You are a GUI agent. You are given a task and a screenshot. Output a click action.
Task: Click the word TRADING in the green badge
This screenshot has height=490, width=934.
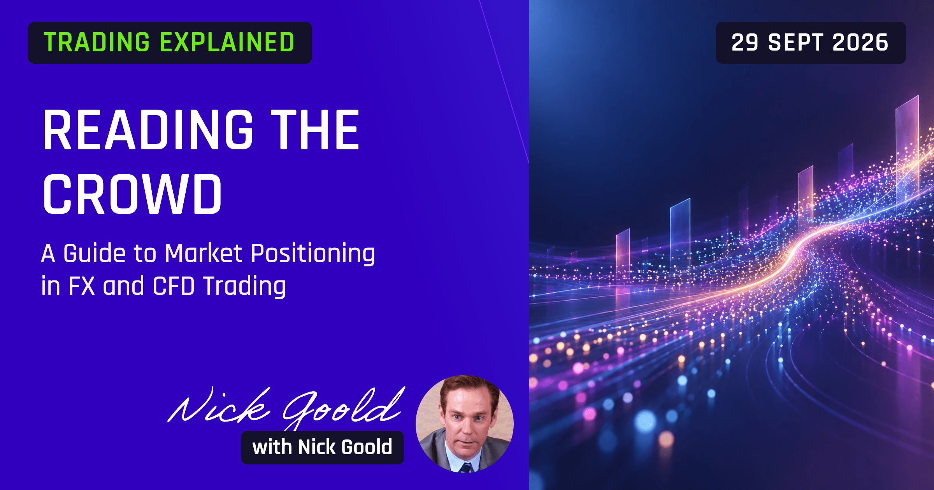point(97,42)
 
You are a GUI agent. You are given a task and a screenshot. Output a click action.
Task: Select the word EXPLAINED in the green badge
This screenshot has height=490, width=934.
point(227,42)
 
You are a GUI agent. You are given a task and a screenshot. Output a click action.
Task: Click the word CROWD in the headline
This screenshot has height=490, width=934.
point(132,194)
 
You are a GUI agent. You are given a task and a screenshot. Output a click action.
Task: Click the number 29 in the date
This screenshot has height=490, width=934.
point(745,42)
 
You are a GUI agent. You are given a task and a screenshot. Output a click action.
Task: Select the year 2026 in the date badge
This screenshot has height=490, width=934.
point(860,42)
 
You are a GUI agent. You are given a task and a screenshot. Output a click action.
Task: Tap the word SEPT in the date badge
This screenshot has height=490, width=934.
point(795,42)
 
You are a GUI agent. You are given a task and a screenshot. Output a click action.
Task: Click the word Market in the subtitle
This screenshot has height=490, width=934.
point(204,254)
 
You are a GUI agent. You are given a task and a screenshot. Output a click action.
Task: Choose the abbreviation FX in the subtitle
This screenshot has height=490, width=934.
point(82,286)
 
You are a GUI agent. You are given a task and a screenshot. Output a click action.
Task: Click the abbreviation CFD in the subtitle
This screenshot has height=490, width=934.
point(174,286)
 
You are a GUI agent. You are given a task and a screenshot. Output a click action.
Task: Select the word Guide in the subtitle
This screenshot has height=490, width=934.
point(95,254)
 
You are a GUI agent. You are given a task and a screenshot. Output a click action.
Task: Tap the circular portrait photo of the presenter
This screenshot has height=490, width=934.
point(465,424)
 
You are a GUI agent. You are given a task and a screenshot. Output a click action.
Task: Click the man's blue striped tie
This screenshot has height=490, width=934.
point(465,468)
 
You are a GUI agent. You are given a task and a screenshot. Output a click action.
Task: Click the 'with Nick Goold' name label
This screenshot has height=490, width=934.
point(323,447)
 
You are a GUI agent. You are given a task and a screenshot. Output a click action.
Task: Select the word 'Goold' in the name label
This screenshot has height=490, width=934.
point(367,447)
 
